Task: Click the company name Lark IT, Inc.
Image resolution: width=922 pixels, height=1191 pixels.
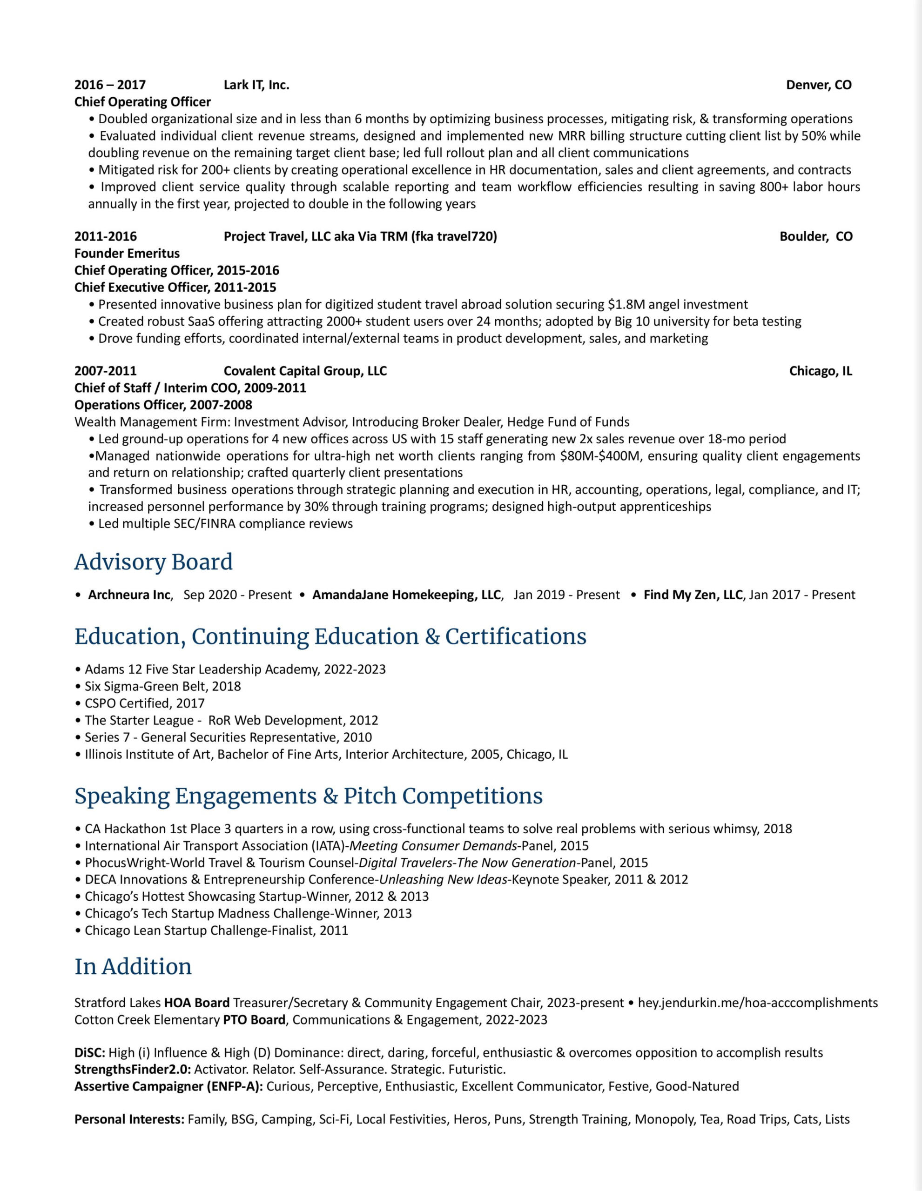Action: pos(256,85)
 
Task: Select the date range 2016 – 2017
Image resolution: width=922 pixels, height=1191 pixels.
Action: pos(110,85)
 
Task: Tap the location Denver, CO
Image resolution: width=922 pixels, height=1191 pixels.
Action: pos(818,85)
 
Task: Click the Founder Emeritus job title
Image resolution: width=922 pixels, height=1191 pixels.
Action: pos(127,254)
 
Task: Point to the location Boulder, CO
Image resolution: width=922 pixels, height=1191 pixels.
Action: pos(815,237)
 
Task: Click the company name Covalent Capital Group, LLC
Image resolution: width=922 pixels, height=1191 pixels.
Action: pos(305,371)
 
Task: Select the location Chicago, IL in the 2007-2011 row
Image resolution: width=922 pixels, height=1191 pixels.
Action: pos(820,371)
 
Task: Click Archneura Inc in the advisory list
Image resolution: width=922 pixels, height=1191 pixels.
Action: pos(129,595)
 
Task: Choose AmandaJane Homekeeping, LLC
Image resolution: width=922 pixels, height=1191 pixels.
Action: pos(406,595)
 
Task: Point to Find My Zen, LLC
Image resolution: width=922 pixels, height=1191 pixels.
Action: pos(693,595)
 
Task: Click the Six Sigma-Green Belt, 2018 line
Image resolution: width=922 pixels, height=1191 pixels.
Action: pos(162,687)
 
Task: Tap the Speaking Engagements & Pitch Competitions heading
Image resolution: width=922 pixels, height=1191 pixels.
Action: pos(308,796)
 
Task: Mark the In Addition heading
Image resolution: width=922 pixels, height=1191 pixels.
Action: pos(133,966)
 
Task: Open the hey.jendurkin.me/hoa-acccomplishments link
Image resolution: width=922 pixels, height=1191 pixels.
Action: pos(758,1003)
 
